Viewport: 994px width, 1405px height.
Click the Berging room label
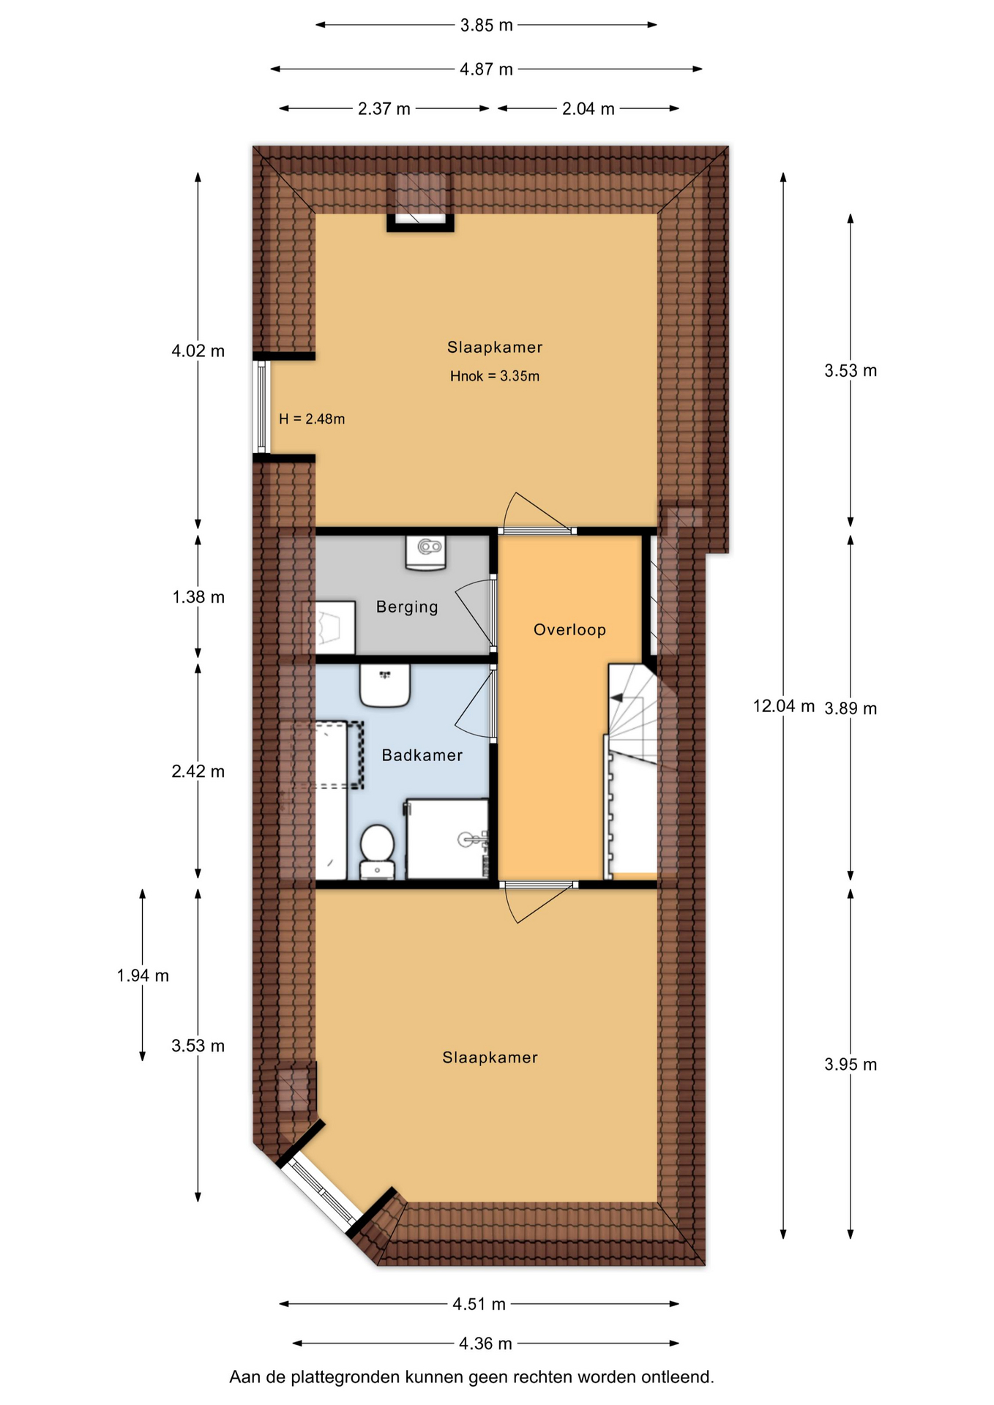407,607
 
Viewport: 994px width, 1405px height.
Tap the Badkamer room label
422,755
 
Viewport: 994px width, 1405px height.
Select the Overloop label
569,629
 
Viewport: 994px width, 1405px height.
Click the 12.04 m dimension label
784,706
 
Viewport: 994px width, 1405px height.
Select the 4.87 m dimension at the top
486,70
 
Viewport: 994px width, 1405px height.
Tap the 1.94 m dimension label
143,975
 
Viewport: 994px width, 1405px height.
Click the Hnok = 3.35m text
495,376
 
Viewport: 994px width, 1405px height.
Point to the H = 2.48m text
312,419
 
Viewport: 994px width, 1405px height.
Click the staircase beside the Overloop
632,768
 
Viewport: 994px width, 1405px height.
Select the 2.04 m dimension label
588,109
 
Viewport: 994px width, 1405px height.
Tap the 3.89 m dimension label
851,708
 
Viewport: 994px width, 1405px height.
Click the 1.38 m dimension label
198,597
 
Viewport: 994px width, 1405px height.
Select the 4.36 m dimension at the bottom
485,1344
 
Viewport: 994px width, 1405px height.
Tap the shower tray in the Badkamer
448,839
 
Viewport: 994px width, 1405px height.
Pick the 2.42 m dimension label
198,771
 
